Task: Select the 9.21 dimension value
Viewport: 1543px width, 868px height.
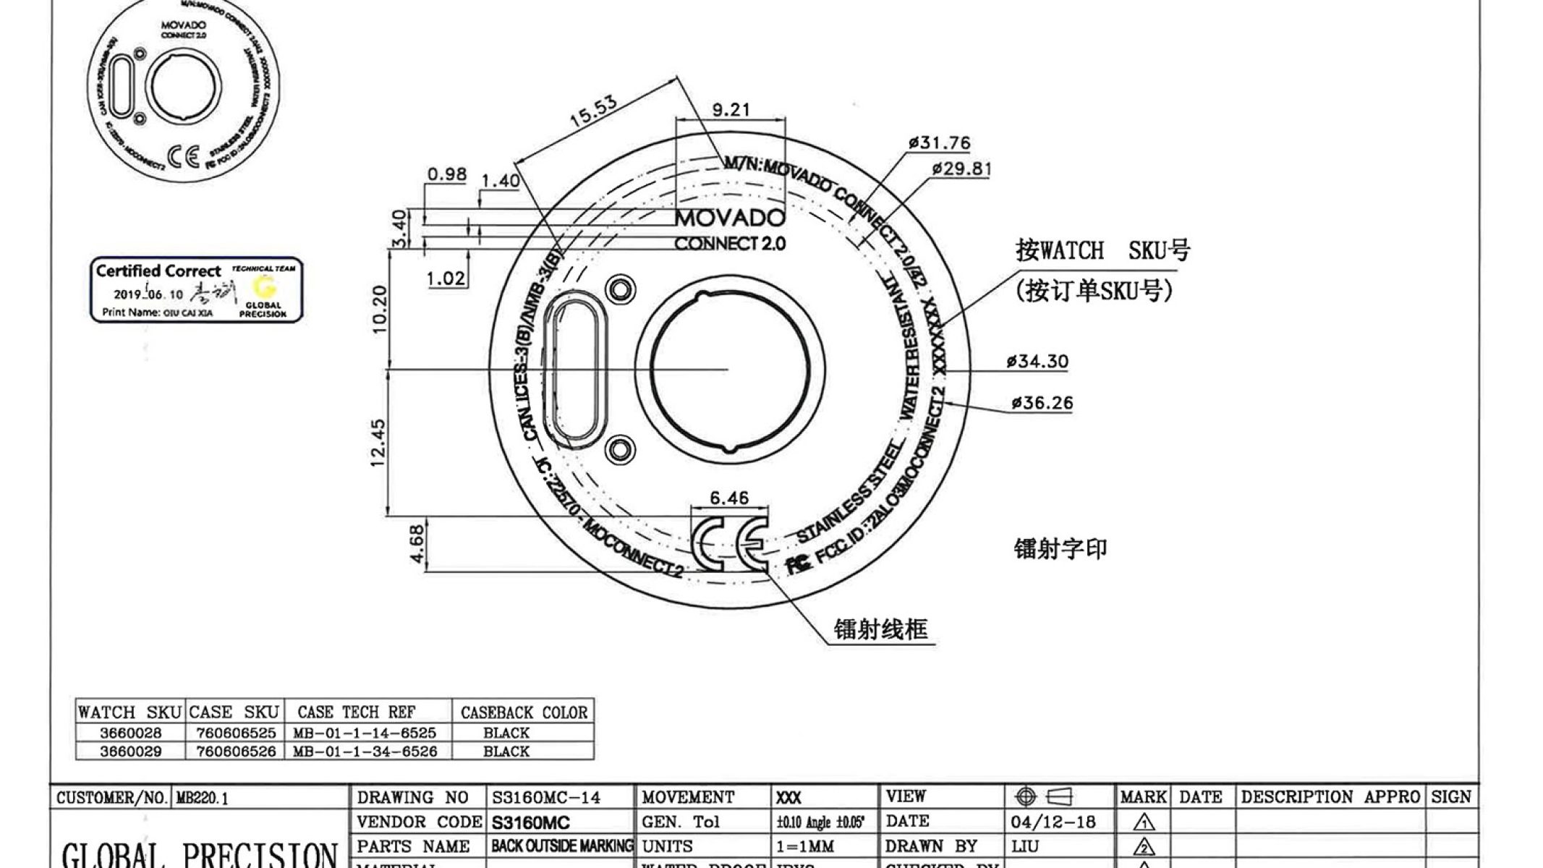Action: point(731,109)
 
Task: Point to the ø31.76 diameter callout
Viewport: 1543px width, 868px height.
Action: point(940,142)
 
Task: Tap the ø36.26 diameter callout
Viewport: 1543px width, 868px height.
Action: point(1042,403)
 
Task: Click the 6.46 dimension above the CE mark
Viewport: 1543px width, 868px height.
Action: point(729,498)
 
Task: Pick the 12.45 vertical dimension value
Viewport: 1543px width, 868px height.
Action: point(378,443)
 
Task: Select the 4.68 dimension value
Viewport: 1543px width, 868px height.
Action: point(417,544)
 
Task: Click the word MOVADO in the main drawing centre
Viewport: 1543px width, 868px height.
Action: point(730,218)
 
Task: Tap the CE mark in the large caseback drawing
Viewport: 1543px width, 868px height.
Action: point(730,544)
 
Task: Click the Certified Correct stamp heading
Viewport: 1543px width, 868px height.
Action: point(158,271)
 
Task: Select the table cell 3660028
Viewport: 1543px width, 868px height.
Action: point(130,733)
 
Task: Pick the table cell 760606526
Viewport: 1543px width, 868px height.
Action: point(236,752)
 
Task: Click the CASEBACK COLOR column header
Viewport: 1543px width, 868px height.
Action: point(524,712)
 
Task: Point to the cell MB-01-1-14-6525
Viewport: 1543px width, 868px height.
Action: point(365,733)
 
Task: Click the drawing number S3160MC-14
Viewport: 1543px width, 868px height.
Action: point(546,798)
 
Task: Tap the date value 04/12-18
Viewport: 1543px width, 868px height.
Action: point(1053,822)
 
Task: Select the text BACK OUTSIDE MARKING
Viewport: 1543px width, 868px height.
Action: point(561,846)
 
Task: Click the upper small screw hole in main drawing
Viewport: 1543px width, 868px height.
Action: point(620,289)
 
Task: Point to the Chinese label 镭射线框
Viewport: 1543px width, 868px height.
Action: point(880,629)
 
